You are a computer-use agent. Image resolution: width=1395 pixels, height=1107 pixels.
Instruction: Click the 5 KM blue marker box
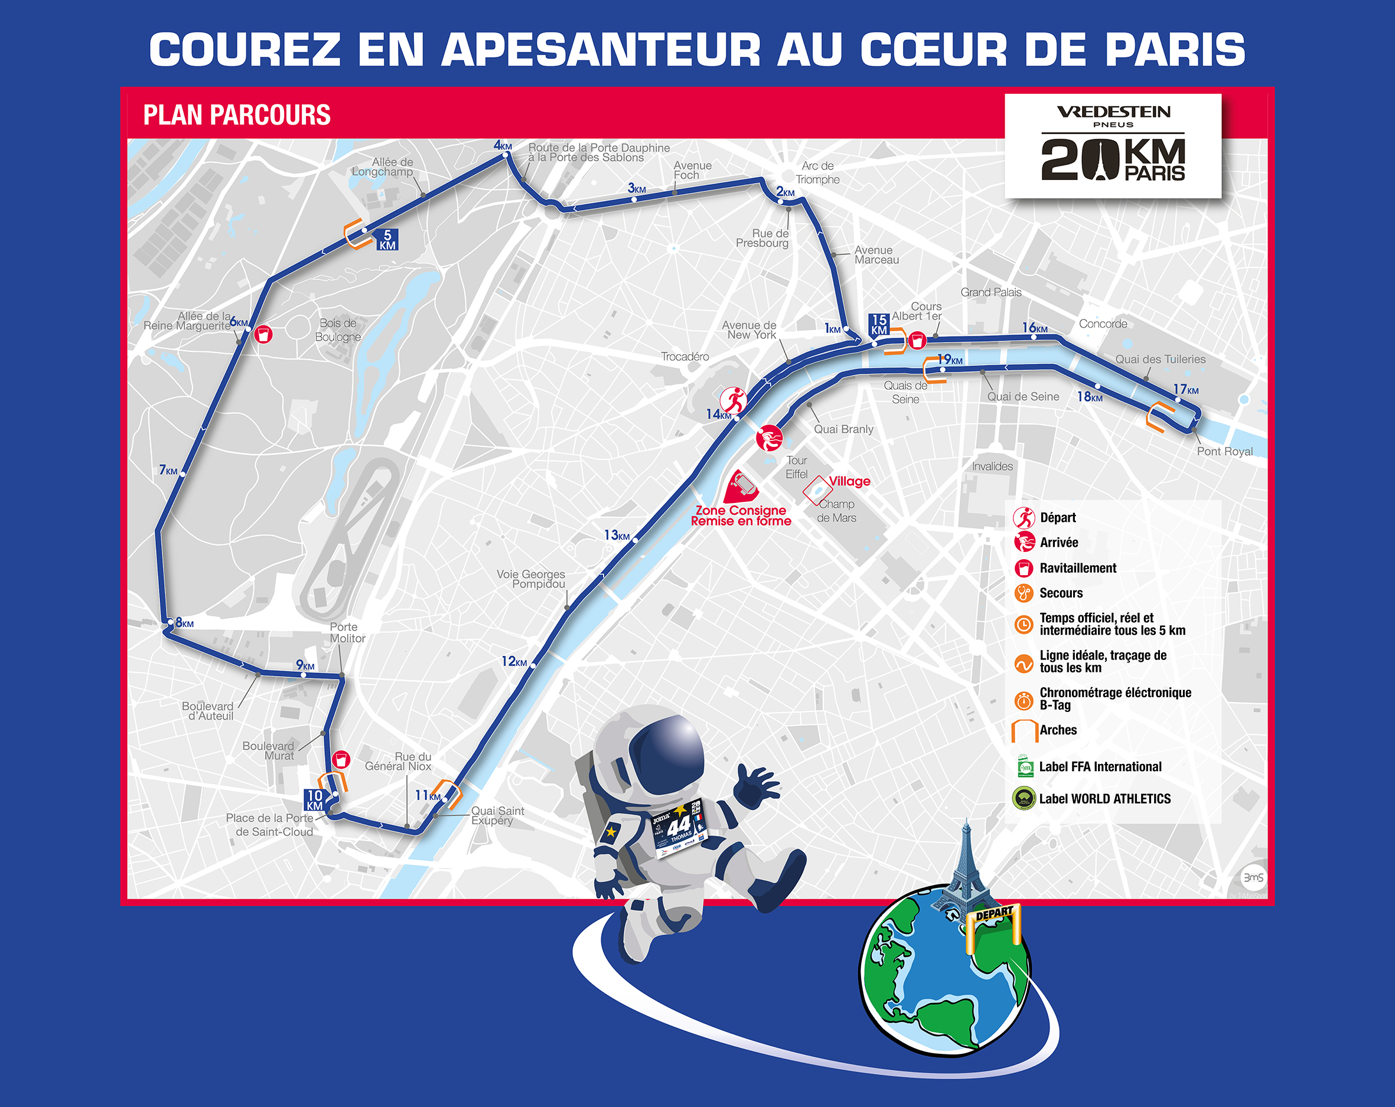[387, 239]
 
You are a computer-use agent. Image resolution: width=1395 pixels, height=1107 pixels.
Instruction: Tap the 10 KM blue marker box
[314, 799]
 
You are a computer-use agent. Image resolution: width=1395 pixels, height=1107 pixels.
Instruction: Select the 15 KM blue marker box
[879, 324]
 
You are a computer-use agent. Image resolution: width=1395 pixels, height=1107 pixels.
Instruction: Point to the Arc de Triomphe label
[817, 173]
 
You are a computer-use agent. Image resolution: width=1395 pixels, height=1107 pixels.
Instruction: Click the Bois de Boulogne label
[338, 330]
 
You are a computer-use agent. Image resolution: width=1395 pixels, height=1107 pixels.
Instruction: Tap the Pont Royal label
[1224, 452]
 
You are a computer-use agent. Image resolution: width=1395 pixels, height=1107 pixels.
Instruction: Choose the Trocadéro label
[685, 357]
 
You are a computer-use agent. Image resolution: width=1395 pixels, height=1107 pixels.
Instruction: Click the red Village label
[849, 481]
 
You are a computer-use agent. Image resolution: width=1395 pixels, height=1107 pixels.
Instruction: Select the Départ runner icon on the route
[734, 400]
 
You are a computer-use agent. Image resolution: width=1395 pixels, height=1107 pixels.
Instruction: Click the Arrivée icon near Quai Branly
[770, 438]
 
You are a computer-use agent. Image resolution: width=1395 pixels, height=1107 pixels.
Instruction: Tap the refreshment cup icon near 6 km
[263, 335]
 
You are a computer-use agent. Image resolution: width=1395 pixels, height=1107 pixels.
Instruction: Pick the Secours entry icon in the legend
[1024, 593]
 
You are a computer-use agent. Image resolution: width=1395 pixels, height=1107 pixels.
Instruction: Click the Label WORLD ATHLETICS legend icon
[1024, 798]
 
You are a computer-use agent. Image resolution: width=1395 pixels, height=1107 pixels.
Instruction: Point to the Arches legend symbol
[1024, 731]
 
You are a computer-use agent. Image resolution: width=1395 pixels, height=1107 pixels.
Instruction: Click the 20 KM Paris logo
[1113, 146]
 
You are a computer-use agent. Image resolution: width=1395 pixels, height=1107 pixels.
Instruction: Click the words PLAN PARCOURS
[237, 115]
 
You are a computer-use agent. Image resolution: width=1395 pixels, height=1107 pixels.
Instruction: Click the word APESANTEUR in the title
[601, 50]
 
